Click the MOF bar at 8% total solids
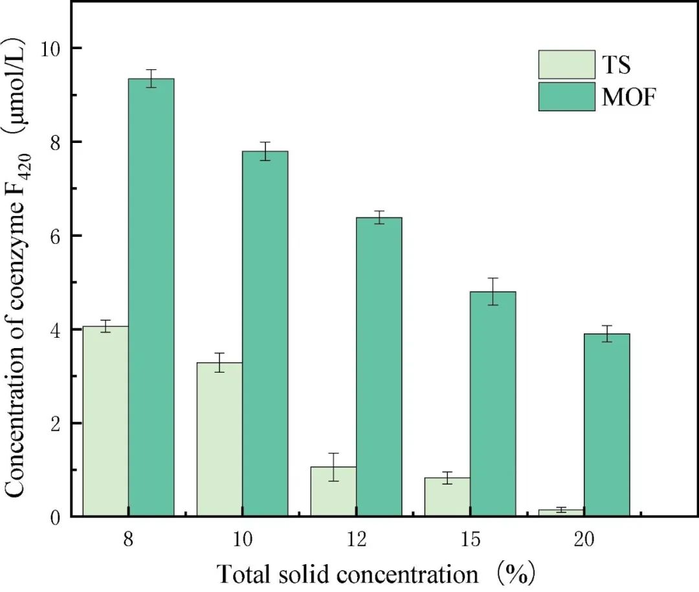(x=151, y=298)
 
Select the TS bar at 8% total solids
(x=105, y=421)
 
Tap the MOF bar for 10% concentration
(x=265, y=334)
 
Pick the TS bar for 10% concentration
(x=219, y=439)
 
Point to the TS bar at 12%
(x=333, y=492)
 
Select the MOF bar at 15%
(x=493, y=404)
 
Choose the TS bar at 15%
(x=447, y=497)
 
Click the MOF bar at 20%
(x=606, y=425)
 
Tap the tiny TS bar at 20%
(x=561, y=512)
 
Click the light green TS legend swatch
(x=566, y=65)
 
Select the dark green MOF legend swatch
(x=566, y=96)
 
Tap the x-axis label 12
(x=356, y=540)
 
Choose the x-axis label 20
(x=584, y=540)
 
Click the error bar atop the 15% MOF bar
(x=493, y=291)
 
